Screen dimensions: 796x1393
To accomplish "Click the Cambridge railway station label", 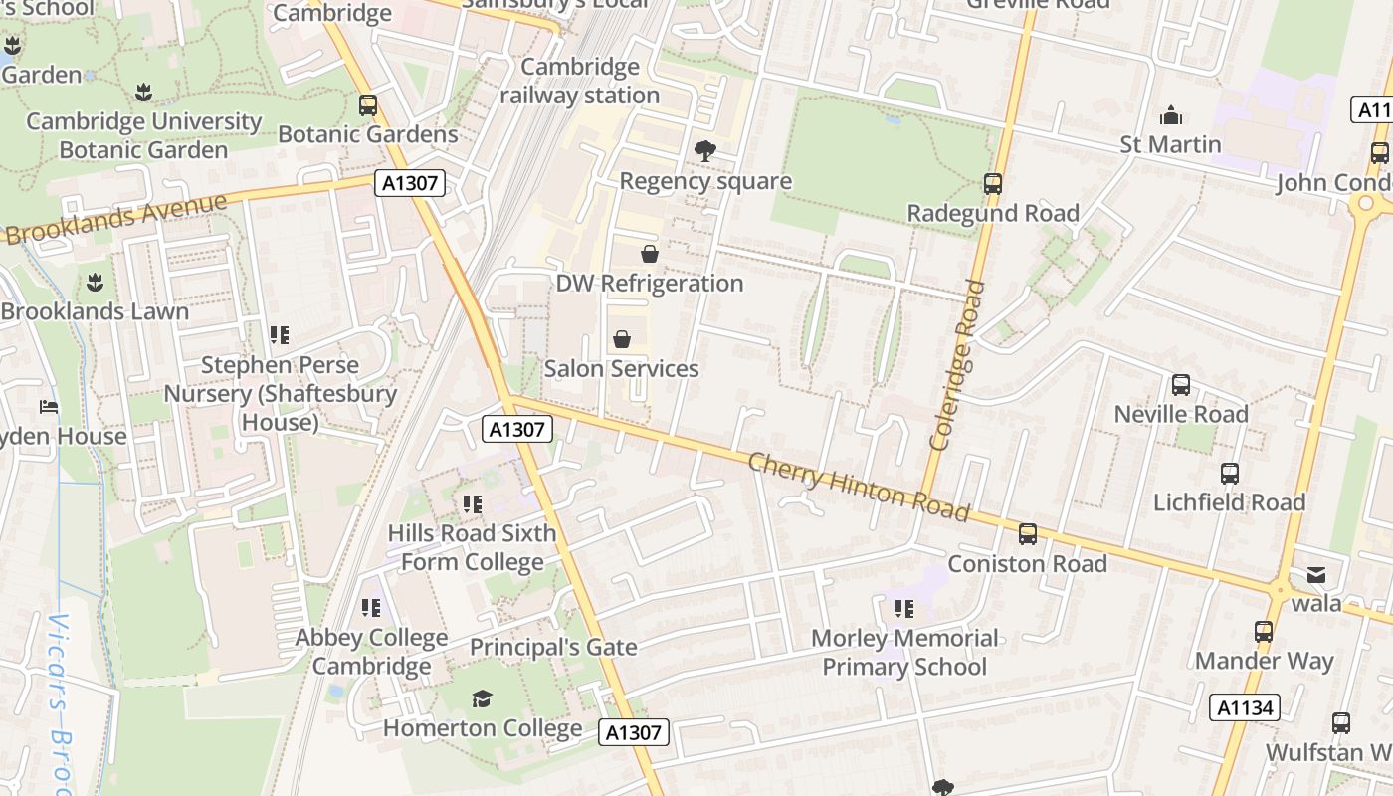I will [579, 82].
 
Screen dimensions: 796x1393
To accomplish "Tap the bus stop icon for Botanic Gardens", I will [368, 104].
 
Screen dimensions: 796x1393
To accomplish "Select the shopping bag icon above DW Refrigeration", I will [650, 254].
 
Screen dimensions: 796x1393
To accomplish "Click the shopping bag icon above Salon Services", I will [622, 339].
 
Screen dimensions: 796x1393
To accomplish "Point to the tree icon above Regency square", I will [705, 151].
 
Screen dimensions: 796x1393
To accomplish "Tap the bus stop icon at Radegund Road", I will [992, 183].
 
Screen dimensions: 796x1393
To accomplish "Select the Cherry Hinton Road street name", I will [858, 487].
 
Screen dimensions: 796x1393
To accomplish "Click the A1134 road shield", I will [1244, 707].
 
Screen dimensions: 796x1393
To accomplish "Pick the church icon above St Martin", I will [1171, 115].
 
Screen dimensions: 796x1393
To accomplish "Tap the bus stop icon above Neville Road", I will [1181, 384].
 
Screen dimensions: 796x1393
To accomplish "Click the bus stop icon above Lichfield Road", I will [1230, 474].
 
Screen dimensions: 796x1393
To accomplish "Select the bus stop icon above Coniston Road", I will [1028, 534].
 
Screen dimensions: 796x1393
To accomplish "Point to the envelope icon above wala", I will [1316, 574].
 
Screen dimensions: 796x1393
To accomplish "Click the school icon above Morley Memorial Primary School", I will [903, 608].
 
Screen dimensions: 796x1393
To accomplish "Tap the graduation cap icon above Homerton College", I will [483, 698].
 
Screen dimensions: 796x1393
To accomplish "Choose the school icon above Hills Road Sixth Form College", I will [472, 504].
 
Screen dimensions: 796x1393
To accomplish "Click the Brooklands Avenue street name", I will [116, 218].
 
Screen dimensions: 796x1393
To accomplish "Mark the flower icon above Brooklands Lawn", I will [95, 282].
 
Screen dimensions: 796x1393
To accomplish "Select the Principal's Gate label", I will [553, 647].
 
